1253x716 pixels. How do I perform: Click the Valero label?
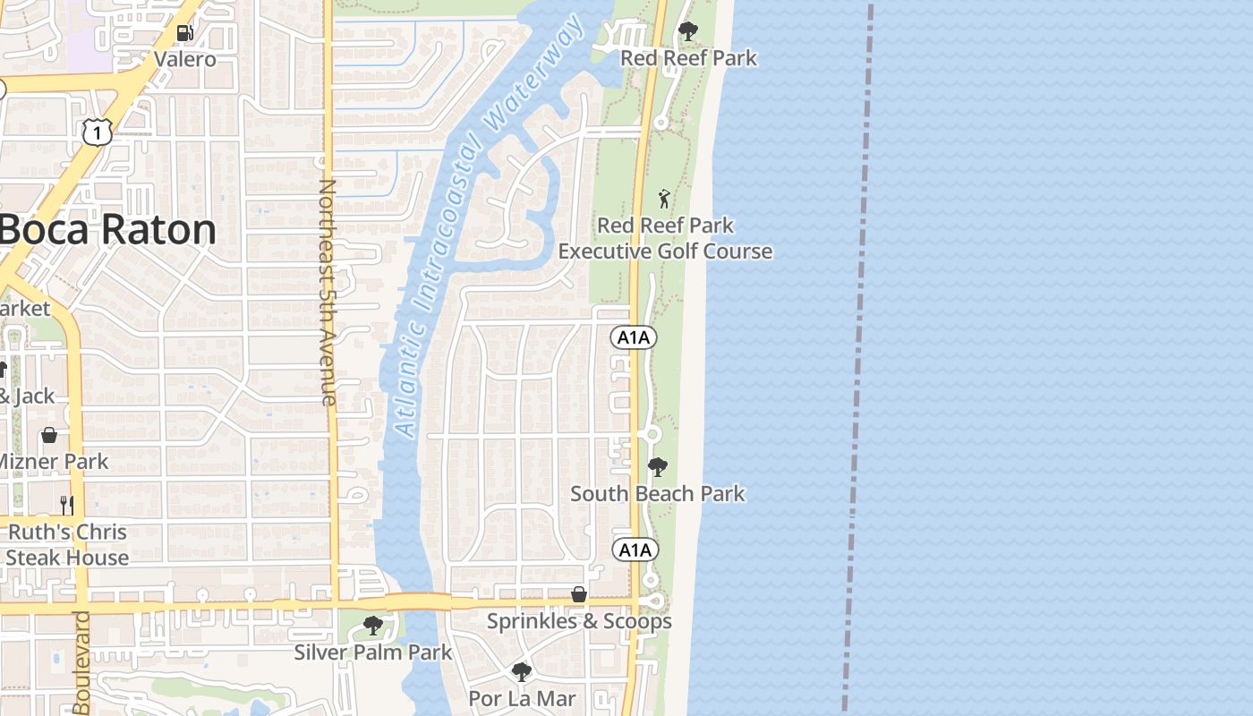tap(184, 59)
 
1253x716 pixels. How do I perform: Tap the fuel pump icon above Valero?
tap(184, 33)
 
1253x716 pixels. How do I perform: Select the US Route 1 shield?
tap(97, 132)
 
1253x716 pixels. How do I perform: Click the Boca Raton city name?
tap(107, 230)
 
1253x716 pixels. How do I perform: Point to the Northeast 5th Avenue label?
tap(328, 293)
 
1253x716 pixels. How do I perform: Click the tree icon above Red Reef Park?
tap(687, 32)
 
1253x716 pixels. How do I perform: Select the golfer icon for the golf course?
tap(664, 199)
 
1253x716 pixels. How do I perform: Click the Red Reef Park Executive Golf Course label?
tap(665, 238)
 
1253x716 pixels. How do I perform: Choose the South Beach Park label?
tap(658, 493)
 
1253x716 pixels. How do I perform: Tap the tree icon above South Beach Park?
tap(658, 467)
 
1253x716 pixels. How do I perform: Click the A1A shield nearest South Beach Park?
tap(635, 550)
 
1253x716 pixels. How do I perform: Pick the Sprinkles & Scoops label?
tap(579, 621)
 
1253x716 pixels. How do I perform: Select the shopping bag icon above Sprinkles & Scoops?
tap(579, 594)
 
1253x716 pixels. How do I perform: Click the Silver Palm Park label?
tap(373, 652)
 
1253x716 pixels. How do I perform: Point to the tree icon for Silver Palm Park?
tap(373, 626)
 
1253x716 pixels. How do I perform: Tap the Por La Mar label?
tap(522, 698)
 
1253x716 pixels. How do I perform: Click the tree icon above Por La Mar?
tap(522, 671)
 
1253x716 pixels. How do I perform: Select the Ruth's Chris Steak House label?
tap(68, 544)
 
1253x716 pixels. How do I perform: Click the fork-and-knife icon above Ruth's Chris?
tap(66, 506)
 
